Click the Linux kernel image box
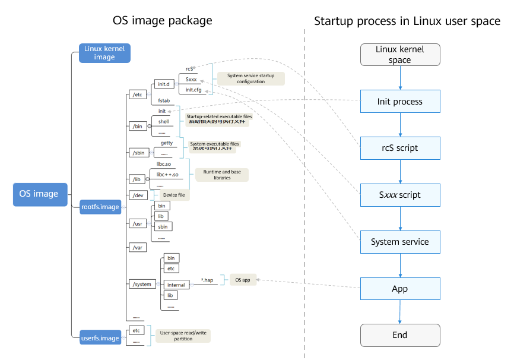pos(104,53)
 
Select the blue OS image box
pos(39,194)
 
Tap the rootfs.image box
pos(100,207)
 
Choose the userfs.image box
pos(100,338)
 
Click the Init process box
pos(400,102)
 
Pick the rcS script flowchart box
pos(400,148)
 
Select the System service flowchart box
pos(400,242)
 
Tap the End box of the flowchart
pos(400,335)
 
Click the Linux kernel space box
pos(400,55)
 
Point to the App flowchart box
pos(400,289)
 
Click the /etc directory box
pos(138,94)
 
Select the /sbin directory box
pos(139,153)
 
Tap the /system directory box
pos(142,284)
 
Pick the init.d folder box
pos(163,84)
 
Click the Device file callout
pos(173,195)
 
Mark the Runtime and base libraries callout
pos(221,175)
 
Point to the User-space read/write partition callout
pos(183,336)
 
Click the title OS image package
pos(162,21)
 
